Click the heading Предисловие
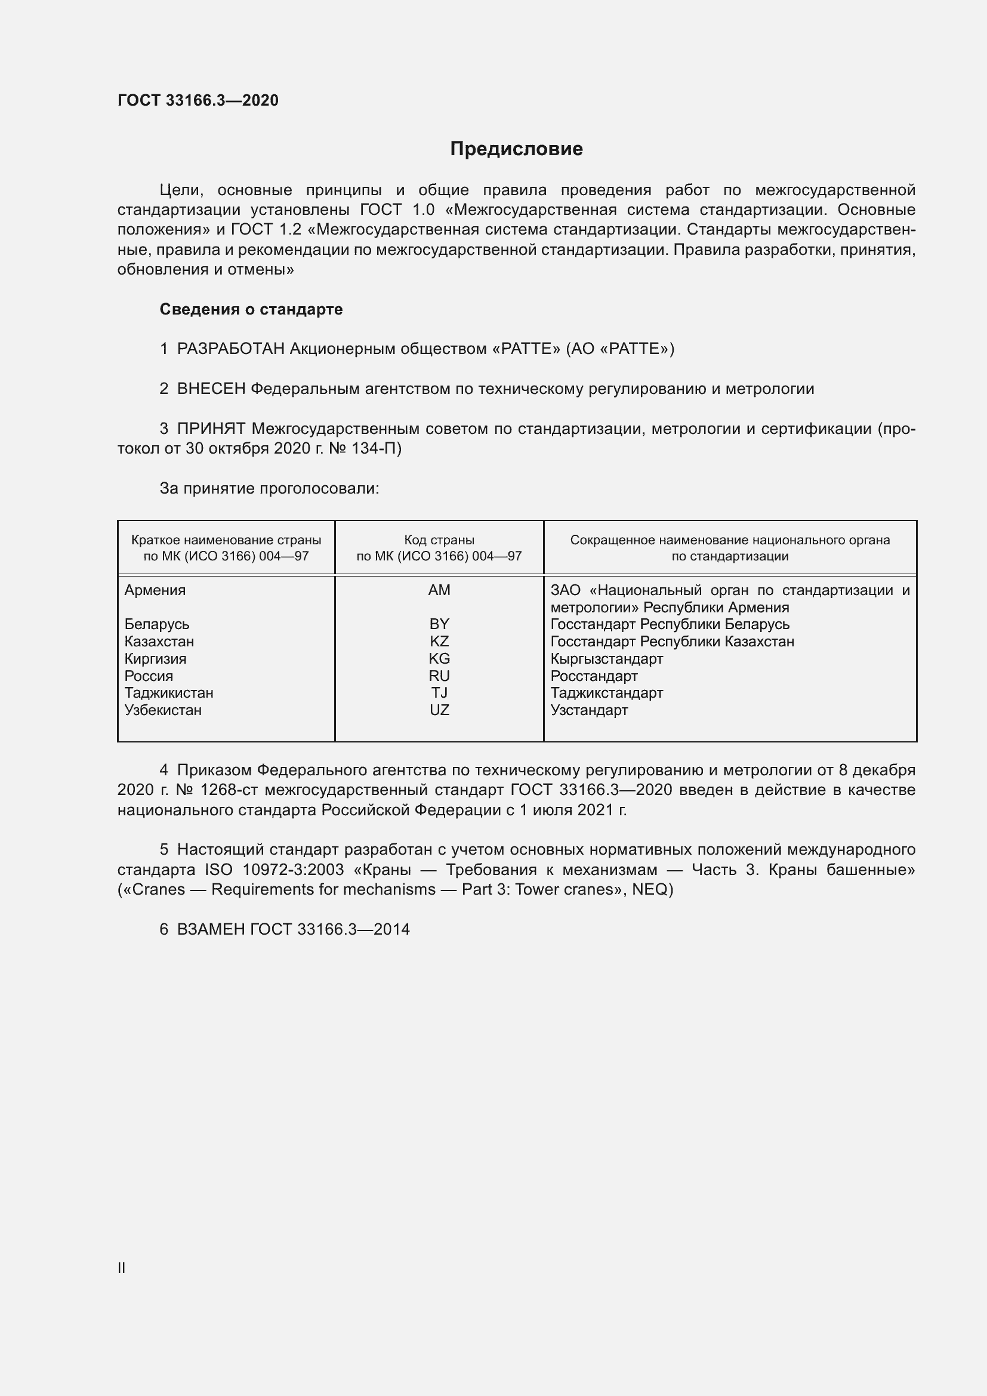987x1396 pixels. point(516,149)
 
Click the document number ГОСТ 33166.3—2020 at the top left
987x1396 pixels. point(198,100)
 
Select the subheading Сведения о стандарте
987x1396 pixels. point(251,309)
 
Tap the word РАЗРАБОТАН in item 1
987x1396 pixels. point(231,349)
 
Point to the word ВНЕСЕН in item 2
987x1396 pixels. point(211,389)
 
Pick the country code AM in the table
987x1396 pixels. point(439,590)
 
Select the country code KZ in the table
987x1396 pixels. point(439,642)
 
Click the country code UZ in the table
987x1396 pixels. point(439,710)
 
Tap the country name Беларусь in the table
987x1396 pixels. point(157,624)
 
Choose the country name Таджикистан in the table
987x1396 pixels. point(169,693)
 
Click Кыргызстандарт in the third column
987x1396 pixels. point(606,658)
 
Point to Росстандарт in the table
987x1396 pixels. point(594,676)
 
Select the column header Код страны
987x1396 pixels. point(439,540)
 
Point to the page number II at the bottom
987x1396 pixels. point(122,1268)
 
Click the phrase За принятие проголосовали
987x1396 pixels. point(269,488)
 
